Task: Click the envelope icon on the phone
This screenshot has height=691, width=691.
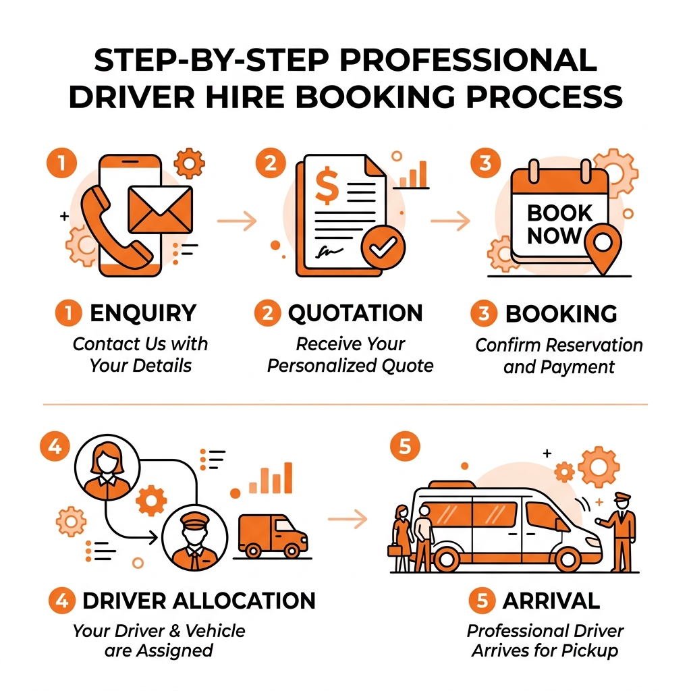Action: click(x=160, y=209)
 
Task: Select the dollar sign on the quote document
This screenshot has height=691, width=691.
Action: click(x=327, y=188)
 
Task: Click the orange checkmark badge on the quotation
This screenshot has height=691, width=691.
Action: click(x=382, y=248)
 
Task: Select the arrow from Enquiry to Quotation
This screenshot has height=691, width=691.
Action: click(x=238, y=220)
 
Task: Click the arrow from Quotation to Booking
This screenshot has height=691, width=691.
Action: click(x=450, y=220)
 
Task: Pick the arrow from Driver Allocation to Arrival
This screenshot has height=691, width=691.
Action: click(x=348, y=518)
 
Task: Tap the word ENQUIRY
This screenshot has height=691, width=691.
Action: click(x=142, y=313)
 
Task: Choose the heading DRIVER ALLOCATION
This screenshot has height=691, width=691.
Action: click(x=198, y=600)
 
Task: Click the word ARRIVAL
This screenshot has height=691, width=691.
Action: click(x=550, y=601)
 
